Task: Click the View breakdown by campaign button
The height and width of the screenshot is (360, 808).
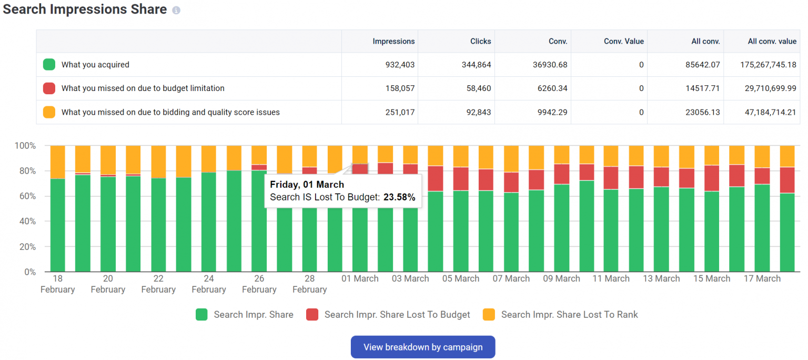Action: pos(423,347)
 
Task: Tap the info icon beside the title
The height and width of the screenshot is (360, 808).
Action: pos(176,11)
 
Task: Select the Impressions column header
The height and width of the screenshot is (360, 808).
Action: pos(393,41)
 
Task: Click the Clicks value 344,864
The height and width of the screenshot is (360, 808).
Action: pos(474,65)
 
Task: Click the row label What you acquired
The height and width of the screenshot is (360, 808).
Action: pos(95,65)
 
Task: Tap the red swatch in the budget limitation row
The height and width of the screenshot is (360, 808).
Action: pos(49,88)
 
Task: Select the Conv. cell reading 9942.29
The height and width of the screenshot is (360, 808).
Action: pos(551,112)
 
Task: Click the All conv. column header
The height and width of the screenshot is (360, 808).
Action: pos(705,41)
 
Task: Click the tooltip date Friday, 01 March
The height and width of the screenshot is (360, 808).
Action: pos(307,185)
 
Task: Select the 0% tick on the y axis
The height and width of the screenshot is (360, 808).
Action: pos(29,272)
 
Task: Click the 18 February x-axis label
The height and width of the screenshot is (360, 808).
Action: pos(57,284)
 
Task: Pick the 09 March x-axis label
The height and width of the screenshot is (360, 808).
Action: pos(561,278)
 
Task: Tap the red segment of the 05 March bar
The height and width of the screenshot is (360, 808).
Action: pos(435,178)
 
